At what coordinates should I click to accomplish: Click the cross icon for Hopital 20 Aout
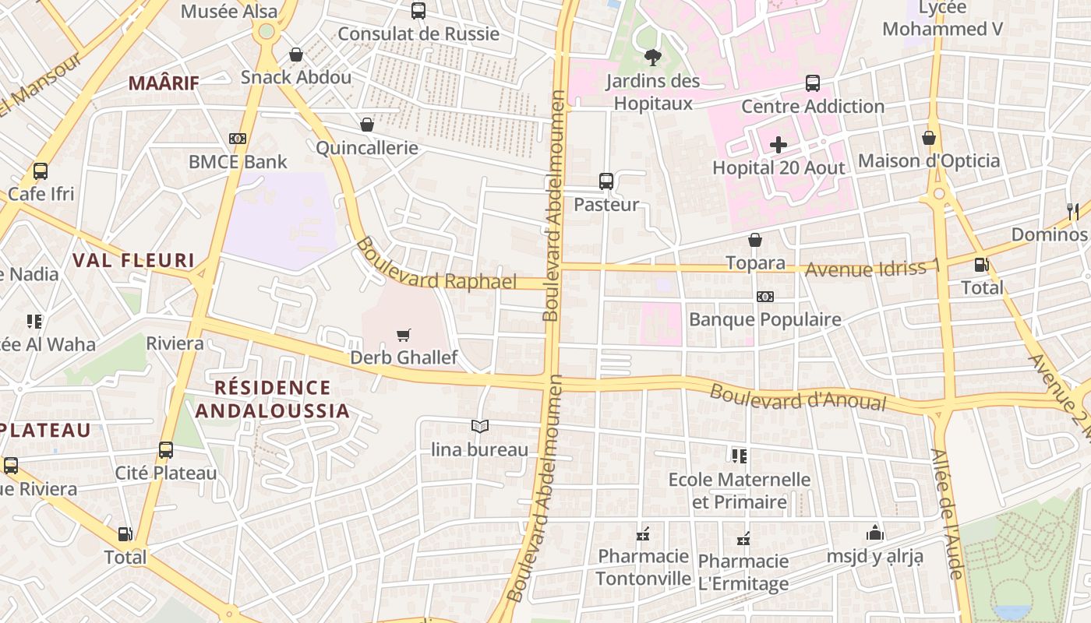778,145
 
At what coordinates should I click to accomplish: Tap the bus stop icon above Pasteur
606,181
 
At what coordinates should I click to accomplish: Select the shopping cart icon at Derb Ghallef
403,335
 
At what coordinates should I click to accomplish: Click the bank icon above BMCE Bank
238,139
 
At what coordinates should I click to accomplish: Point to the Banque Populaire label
764,319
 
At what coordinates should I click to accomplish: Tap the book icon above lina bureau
480,426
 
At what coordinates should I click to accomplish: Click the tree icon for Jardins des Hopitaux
652,57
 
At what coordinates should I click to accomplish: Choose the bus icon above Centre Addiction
812,83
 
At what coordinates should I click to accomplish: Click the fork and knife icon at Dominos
1072,211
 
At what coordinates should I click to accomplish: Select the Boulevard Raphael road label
436,266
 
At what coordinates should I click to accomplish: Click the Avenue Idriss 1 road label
872,269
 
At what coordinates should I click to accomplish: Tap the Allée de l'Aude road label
947,513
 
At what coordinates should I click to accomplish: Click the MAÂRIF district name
164,83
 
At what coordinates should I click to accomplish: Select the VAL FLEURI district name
132,260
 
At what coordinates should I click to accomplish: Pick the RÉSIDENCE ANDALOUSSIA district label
272,399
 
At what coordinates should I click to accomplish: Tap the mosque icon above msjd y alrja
874,533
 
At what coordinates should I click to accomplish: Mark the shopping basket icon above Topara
754,240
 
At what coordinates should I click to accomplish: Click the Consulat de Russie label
418,33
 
